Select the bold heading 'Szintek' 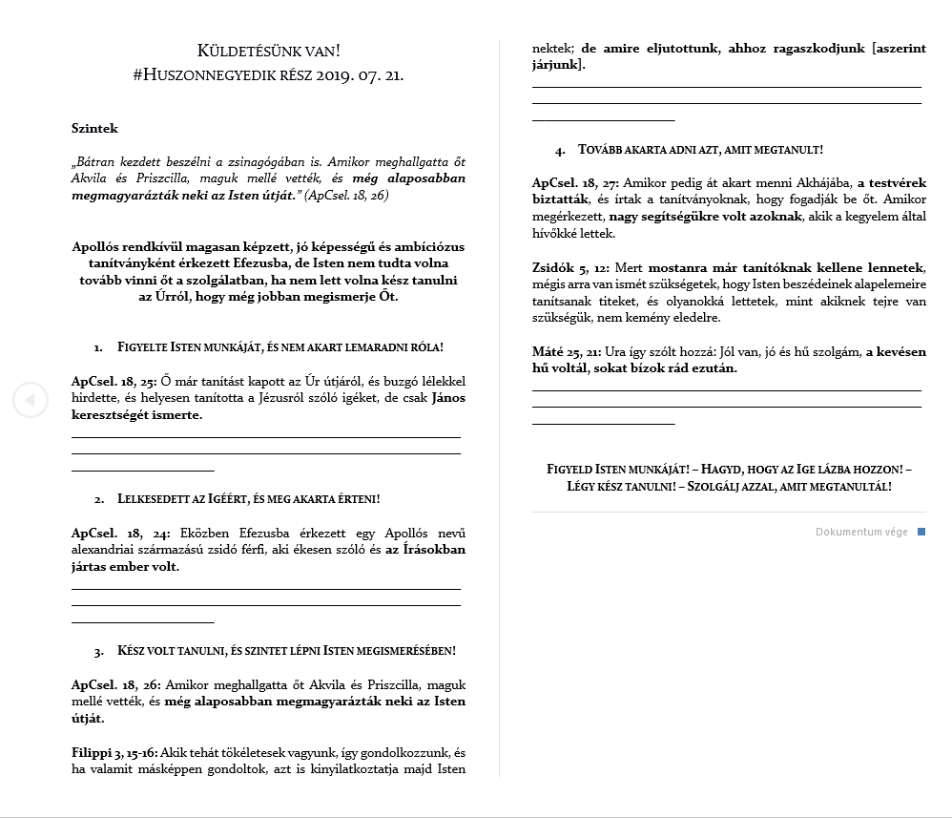[94, 128]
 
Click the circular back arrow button [30, 399]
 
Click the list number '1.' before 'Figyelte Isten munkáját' [98, 348]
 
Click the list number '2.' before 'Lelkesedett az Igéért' [98, 499]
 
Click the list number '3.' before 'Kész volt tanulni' [98, 652]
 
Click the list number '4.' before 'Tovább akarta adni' [559, 151]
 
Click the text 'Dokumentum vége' [861, 532]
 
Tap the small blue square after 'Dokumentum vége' [921, 532]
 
